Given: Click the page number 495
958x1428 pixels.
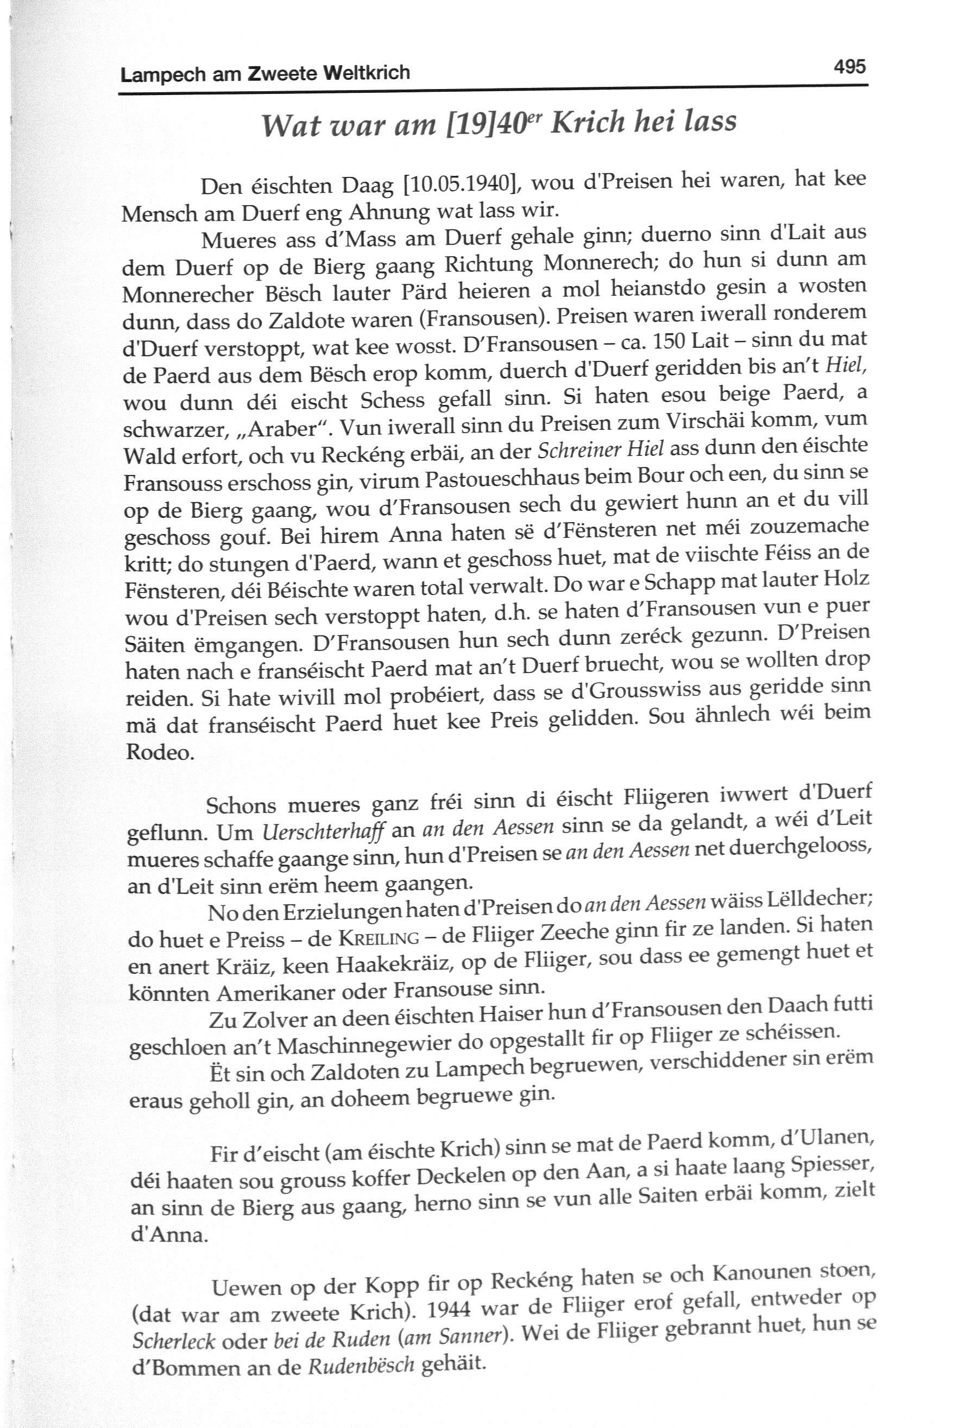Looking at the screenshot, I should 849,65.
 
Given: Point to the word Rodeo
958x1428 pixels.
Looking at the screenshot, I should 160,752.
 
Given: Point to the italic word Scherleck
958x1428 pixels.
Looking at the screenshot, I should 174,1339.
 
